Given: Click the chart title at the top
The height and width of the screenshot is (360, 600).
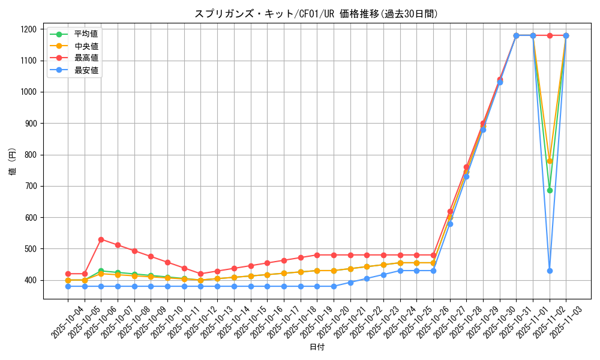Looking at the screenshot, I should click(316, 14).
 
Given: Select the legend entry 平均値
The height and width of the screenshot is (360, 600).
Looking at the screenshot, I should click(86, 34).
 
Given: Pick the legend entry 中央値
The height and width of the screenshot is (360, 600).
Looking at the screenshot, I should click(86, 46).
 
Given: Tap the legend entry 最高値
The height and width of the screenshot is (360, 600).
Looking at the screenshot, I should click(86, 58).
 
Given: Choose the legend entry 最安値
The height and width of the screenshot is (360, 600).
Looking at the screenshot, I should click(86, 70).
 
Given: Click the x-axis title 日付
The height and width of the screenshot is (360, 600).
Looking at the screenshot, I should click(317, 347).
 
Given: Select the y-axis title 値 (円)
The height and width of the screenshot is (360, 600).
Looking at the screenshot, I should click(12, 161).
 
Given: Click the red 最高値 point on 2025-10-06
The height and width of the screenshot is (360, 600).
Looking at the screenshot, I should click(101, 239).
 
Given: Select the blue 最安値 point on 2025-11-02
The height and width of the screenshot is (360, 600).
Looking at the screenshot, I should click(550, 271).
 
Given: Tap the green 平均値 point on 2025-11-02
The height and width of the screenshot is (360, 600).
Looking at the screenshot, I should click(550, 190).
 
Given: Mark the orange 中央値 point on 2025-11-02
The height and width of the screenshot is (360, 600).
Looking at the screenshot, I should click(550, 161).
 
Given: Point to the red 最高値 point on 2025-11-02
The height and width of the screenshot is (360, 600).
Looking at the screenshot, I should click(550, 35).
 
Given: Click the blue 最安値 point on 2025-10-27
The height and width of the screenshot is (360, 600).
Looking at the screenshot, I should click(450, 224).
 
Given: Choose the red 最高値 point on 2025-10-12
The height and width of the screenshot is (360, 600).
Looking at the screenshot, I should click(200, 274).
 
